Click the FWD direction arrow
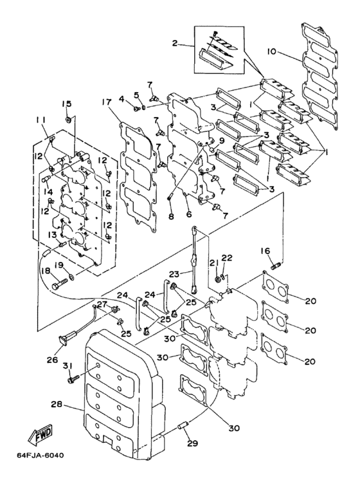40,433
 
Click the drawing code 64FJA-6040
40,455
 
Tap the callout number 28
56,405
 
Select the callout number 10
271,51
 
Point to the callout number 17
107,102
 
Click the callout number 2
174,43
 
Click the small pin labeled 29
184,425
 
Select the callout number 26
52,360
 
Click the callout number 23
174,274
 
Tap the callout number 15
67,104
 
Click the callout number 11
40,121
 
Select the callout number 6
189,215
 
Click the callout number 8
171,216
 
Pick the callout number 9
221,141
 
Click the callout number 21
214,262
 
